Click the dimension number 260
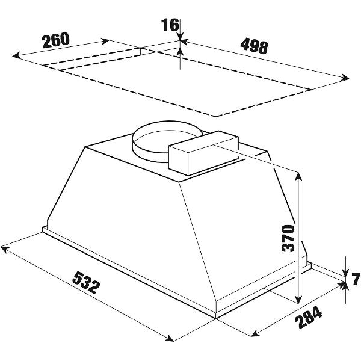56,40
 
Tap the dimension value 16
170,25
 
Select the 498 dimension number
254,47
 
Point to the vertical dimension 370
288,238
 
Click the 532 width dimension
86,283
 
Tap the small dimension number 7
356,280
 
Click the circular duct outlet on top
166,140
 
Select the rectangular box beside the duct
203,153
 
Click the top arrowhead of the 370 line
298,176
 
